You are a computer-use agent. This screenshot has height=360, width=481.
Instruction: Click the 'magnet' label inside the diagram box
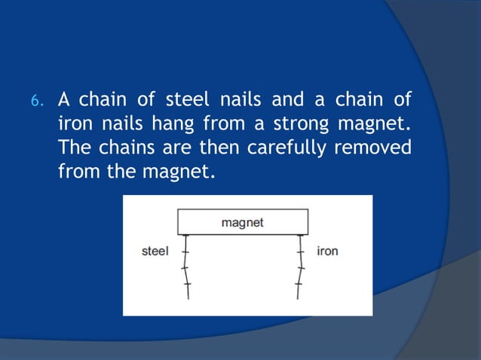tap(243, 223)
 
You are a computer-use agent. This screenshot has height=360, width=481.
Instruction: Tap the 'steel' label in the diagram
tap(155, 251)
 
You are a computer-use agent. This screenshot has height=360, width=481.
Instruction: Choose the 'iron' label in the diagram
tap(327, 251)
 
